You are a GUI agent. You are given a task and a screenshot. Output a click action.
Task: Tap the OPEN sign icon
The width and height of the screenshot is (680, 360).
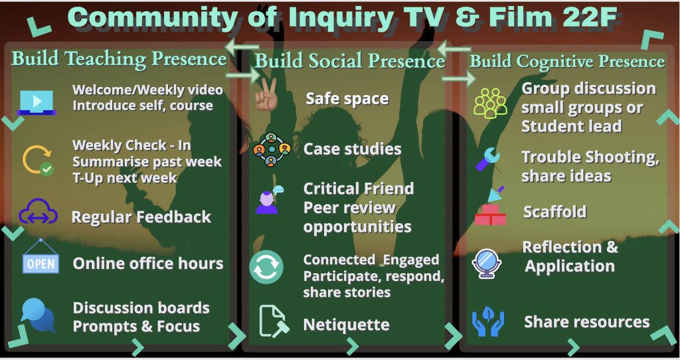40,262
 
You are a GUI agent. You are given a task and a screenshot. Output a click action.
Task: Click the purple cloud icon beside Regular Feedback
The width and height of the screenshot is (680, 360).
38,213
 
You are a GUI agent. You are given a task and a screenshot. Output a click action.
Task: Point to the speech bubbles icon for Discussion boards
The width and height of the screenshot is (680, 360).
38,315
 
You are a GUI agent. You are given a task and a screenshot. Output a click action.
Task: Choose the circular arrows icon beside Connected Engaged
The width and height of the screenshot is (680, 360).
266,267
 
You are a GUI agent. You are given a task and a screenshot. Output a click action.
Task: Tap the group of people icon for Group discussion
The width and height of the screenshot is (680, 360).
491,103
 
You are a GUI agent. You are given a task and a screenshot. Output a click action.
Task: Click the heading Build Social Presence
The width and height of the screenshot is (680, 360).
350,62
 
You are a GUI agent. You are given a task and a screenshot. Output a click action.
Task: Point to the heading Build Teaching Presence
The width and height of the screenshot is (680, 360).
120,58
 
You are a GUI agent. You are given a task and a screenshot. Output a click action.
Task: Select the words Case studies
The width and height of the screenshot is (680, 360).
352,149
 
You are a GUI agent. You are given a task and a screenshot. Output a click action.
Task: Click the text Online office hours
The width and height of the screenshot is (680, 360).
148,263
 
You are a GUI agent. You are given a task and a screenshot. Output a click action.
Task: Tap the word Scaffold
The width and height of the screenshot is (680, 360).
554,212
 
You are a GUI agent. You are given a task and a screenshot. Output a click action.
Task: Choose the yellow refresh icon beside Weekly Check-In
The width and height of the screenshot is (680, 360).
38,159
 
